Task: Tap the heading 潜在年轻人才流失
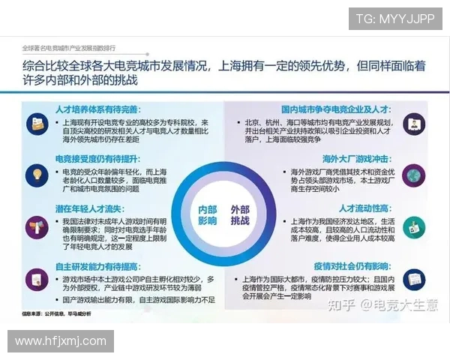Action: [x=85, y=208]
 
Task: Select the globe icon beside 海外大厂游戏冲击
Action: [x=412, y=175]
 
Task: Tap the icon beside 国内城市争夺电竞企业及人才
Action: [x=412, y=124]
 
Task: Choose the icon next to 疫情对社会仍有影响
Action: [x=412, y=280]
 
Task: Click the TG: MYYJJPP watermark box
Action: [x=394, y=19]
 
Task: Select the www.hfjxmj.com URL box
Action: [x=61, y=341]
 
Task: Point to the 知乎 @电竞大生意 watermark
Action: [x=379, y=304]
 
